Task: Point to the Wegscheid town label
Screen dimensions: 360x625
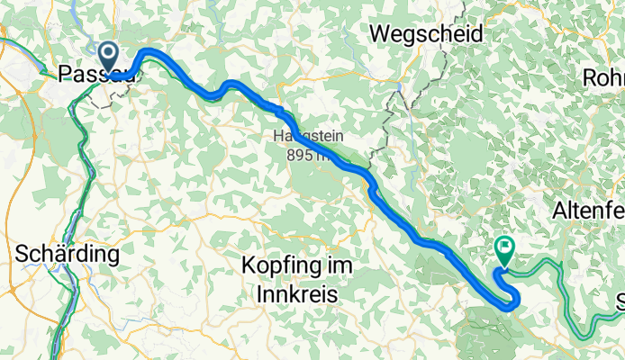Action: pos(426,33)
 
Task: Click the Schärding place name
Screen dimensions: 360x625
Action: pos(68,255)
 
